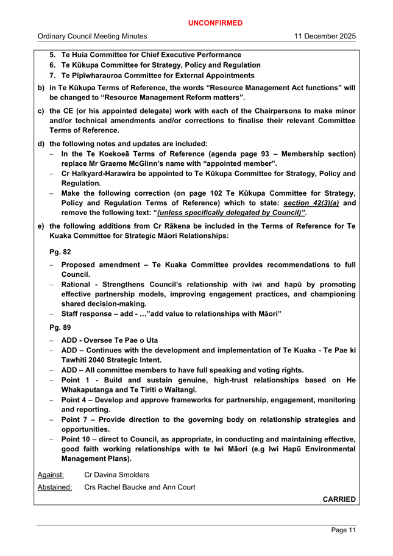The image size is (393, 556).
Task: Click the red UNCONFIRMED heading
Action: click(215, 23)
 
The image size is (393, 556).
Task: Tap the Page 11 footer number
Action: click(344, 530)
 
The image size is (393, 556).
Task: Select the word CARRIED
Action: click(339, 499)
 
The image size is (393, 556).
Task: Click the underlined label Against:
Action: click(52, 475)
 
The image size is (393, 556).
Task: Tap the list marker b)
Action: click(41, 88)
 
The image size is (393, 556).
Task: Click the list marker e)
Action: click(41, 226)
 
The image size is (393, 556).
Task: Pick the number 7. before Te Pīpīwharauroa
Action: click(54, 76)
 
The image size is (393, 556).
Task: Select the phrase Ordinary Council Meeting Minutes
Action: click(92, 37)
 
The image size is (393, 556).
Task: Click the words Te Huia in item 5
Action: click(77, 55)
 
